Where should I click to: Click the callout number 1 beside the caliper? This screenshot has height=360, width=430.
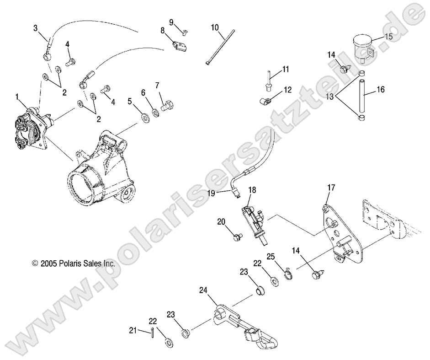(x=17, y=97)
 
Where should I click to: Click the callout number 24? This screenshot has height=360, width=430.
(x=203, y=290)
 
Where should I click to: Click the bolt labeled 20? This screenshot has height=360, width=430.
(x=236, y=236)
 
